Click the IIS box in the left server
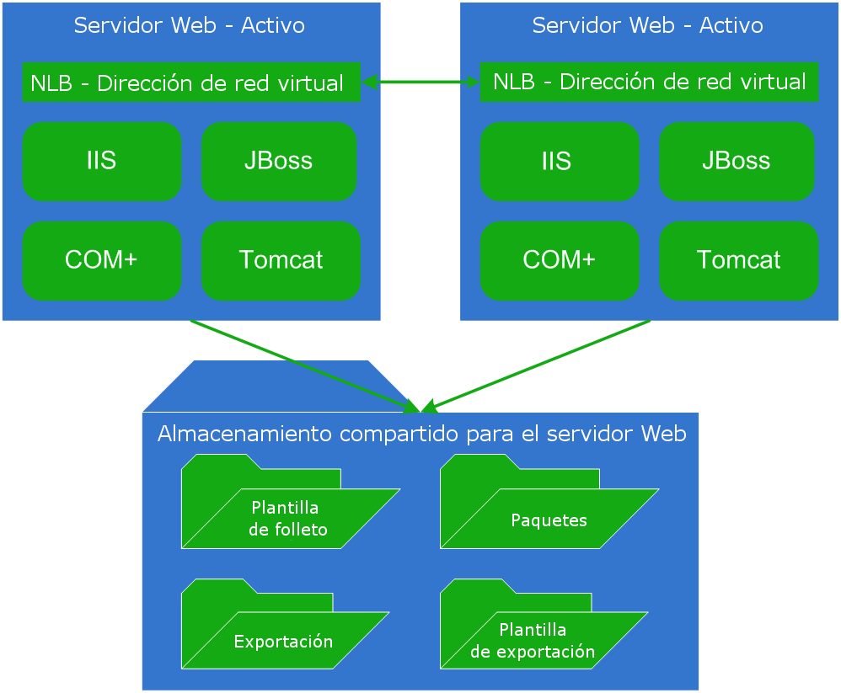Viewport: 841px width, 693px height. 102,162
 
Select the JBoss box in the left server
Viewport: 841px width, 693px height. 279,162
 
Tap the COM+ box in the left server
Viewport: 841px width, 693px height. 102,261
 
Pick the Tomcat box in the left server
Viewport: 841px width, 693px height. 281,261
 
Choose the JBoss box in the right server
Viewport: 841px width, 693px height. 737,162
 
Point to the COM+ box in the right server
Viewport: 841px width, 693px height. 559,261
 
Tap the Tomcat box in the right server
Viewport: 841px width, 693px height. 739,261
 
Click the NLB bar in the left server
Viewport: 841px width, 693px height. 190,83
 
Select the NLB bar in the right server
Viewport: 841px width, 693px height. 649,83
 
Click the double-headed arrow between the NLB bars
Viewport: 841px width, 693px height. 420,82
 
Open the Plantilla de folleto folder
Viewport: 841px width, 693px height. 287,519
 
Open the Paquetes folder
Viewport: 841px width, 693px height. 548,519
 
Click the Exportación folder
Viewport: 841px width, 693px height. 282,641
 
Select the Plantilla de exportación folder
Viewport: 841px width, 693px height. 533,641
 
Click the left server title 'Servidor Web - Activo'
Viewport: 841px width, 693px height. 190,25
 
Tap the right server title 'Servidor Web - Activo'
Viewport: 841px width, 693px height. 648,25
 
